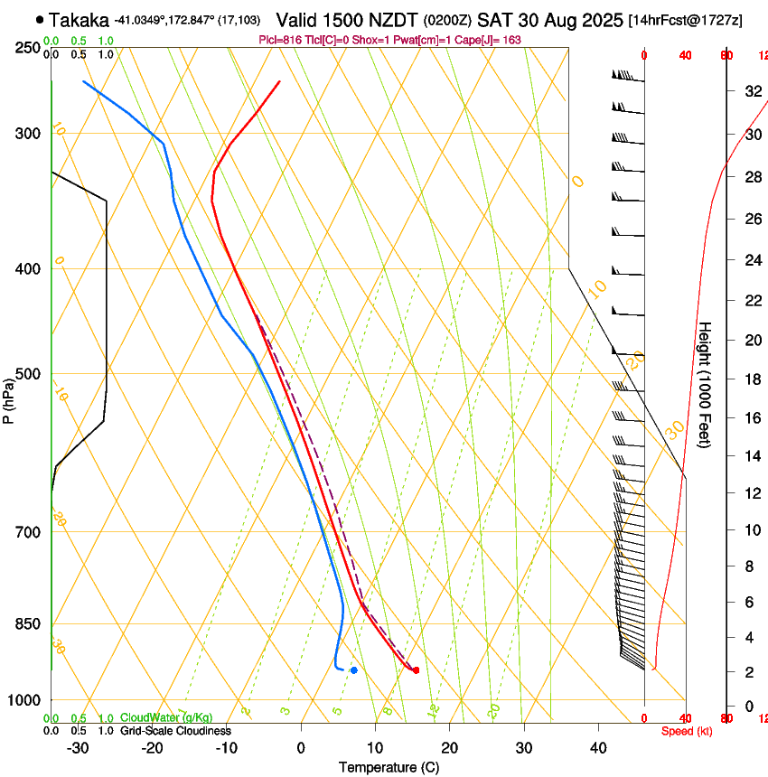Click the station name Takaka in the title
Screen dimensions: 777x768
point(80,19)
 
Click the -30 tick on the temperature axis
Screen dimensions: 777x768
point(78,747)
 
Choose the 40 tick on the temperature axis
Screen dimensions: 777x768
point(597,747)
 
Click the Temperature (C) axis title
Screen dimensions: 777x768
point(389,767)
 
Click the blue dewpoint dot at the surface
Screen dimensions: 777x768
point(354,669)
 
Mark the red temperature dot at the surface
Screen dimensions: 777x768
point(416,669)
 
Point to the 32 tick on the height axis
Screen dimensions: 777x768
point(751,90)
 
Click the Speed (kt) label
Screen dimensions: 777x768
point(687,731)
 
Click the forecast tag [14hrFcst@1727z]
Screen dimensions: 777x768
point(685,20)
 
